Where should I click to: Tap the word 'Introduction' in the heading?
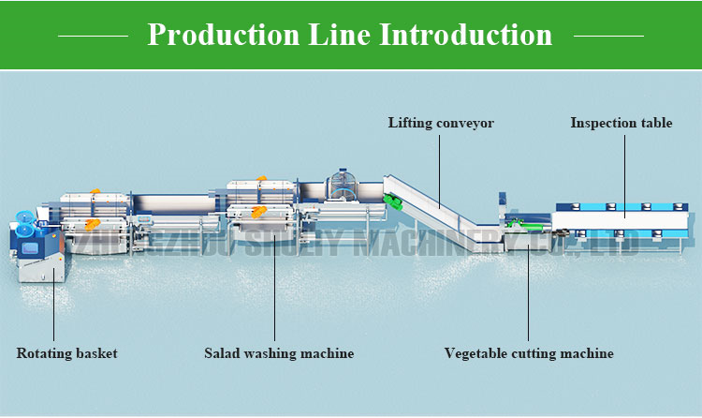465,35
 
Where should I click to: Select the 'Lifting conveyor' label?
441,123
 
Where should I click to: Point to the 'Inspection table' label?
622,123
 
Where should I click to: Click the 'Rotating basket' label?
67,353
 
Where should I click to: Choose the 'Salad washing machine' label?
279,353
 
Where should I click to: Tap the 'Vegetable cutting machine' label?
529,353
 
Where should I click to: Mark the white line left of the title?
93,36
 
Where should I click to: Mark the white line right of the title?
608,36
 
